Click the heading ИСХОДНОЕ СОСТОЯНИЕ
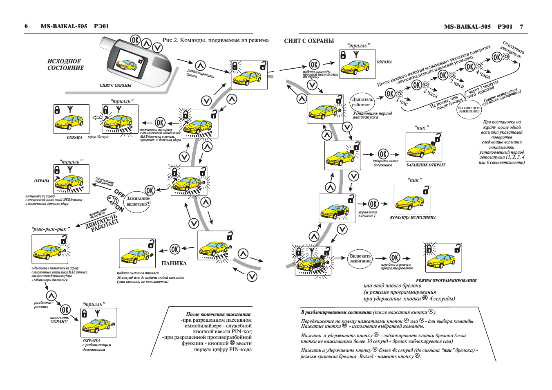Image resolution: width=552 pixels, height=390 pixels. [65, 65]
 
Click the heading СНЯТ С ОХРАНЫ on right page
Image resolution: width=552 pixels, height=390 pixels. [309, 41]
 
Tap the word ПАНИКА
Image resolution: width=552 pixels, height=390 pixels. [174, 264]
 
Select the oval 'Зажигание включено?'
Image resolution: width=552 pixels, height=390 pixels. [137, 201]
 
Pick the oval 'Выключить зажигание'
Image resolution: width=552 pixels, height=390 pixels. [469, 110]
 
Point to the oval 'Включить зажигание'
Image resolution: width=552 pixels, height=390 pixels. [360, 258]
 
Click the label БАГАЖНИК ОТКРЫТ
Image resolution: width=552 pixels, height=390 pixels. [425, 165]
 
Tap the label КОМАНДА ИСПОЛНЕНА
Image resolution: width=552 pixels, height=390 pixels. [412, 218]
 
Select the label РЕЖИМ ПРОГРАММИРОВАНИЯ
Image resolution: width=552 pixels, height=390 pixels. [446, 281]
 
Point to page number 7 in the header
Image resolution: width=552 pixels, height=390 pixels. [521, 27]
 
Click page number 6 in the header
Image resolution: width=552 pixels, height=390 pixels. [26, 26]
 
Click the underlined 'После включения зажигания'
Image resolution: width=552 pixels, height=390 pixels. [218, 314]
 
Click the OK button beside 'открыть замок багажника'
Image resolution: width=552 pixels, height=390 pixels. [383, 154]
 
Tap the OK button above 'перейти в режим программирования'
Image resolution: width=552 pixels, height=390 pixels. [395, 258]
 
